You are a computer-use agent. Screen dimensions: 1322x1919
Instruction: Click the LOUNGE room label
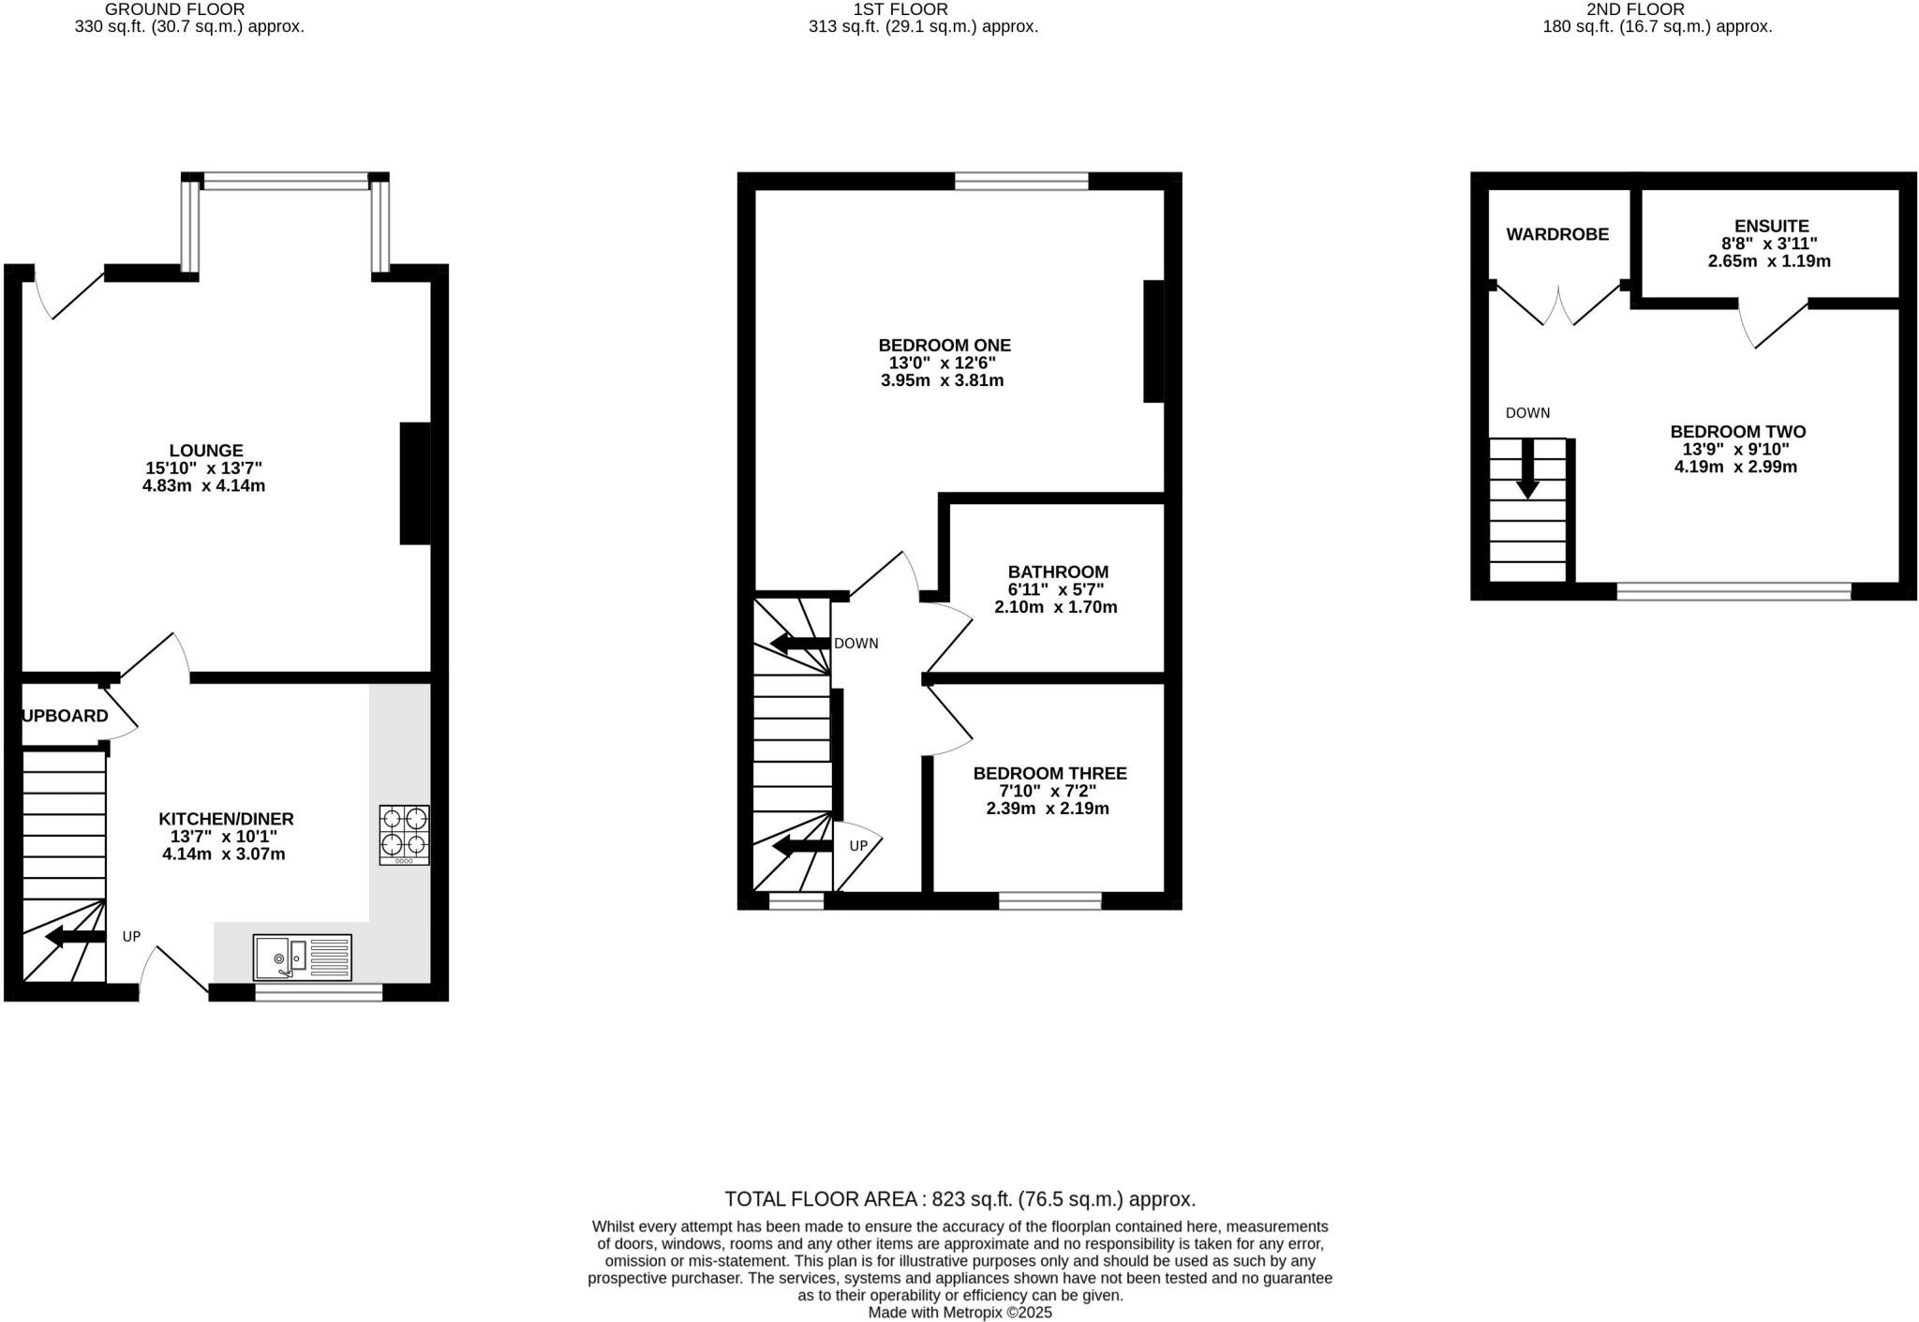[x=206, y=451]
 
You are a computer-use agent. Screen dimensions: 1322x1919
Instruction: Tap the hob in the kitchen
[x=404, y=834]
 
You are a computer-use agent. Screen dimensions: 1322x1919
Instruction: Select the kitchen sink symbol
[x=302, y=958]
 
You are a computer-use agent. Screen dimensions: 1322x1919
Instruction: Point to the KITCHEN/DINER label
[x=226, y=819]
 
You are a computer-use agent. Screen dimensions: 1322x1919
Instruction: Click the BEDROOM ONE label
[x=944, y=345]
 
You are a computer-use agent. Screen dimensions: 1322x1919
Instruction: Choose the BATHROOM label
[x=1058, y=572]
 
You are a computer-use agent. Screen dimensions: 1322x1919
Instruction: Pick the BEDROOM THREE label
[x=1049, y=773]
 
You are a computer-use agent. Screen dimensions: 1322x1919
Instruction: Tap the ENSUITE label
[x=1771, y=226]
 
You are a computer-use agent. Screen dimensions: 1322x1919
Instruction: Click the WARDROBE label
[x=1556, y=234]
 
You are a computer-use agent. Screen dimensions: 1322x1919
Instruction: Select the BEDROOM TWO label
[x=1737, y=432]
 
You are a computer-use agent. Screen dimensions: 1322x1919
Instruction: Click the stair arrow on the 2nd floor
[x=1528, y=468]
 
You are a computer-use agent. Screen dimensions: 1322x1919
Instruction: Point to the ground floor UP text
[x=131, y=936]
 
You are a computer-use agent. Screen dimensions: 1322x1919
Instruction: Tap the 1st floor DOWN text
[x=855, y=644]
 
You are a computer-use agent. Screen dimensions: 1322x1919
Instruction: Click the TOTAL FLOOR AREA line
[x=959, y=1199]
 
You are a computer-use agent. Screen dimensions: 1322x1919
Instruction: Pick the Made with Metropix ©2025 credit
[x=959, y=1313]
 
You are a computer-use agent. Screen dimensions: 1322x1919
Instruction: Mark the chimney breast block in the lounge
[x=415, y=483]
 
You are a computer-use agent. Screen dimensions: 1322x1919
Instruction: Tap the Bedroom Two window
[x=1733, y=591]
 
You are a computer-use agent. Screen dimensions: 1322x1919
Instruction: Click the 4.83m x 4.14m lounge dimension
[x=203, y=486]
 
